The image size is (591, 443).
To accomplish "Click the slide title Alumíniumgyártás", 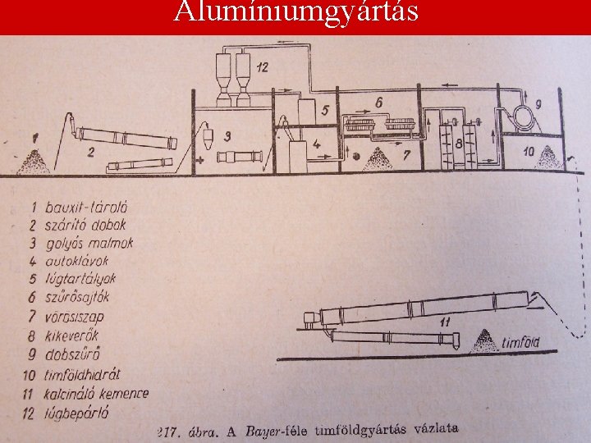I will tap(295, 12).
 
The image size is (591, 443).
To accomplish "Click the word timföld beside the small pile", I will tap(520, 342).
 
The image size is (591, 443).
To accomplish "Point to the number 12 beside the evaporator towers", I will tap(261, 68).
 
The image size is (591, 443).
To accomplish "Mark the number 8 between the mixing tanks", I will tap(460, 144).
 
